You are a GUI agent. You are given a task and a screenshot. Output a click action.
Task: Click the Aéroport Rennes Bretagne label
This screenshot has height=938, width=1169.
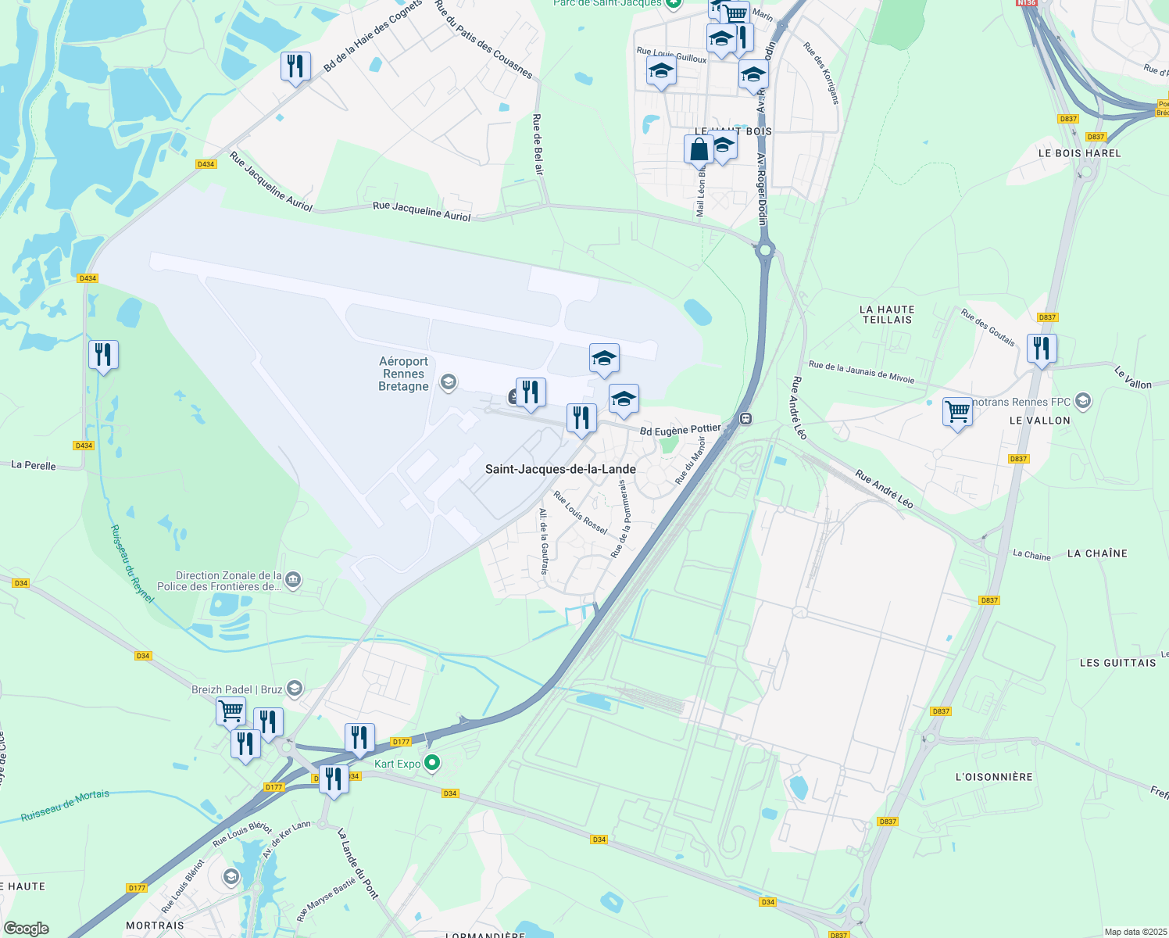click(403, 374)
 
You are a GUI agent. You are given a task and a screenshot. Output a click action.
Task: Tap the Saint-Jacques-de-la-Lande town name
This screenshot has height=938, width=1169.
click(560, 469)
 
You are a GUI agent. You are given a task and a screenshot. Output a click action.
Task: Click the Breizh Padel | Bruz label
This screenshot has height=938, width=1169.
click(237, 689)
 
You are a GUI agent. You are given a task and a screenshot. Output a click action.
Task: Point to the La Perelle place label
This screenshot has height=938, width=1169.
click(34, 465)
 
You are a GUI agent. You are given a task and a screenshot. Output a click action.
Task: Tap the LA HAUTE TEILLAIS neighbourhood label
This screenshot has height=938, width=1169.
click(887, 314)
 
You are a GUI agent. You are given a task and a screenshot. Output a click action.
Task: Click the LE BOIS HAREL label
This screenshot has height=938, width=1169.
click(1079, 153)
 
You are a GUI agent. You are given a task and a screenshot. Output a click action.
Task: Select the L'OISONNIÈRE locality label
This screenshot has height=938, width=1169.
click(994, 777)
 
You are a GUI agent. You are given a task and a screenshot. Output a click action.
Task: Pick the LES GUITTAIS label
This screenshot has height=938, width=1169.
click(1117, 663)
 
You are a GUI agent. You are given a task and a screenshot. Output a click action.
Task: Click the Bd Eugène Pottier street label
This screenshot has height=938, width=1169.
click(680, 430)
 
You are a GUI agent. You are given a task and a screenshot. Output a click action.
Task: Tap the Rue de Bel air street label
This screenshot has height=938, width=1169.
click(538, 144)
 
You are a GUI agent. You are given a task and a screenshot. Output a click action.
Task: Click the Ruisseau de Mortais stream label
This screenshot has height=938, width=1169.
click(66, 805)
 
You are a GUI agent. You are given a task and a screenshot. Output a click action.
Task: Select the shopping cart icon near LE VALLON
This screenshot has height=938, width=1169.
click(957, 410)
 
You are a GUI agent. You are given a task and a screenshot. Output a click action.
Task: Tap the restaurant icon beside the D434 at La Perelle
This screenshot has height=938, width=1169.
click(103, 355)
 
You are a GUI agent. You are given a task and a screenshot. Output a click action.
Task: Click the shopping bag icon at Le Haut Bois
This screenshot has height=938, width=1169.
click(699, 149)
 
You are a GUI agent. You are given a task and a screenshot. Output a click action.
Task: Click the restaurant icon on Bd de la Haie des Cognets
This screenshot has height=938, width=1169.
click(295, 66)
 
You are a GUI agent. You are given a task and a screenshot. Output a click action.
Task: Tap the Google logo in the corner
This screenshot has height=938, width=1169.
click(26, 928)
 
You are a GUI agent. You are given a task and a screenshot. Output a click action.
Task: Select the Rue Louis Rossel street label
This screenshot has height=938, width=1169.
click(580, 513)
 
